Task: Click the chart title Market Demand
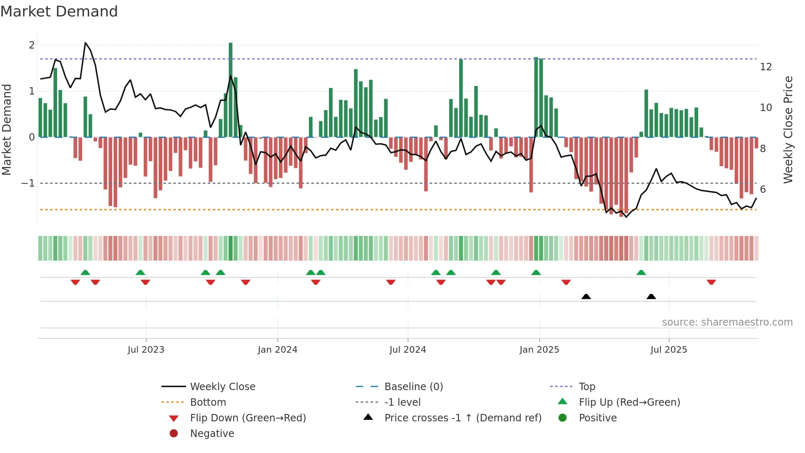point(59,12)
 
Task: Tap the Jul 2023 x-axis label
point(146,350)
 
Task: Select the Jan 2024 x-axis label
point(277,350)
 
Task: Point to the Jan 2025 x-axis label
point(539,350)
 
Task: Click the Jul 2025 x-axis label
point(669,350)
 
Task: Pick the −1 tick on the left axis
point(28,183)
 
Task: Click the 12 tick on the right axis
point(766,67)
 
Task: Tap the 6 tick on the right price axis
point(763,189)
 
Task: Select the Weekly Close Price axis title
point(788,129)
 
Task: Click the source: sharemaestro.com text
point(727,322)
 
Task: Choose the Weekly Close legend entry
point(222,386)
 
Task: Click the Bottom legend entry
point(208,402)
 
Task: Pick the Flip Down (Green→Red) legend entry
point(248,418)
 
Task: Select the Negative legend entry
point(212,433)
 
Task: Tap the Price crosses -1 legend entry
point(462,418)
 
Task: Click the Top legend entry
point(587,386)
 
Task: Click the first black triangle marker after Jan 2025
point(586,296)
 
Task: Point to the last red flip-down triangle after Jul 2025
point(711,282)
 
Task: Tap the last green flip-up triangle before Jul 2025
point(641,273)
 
